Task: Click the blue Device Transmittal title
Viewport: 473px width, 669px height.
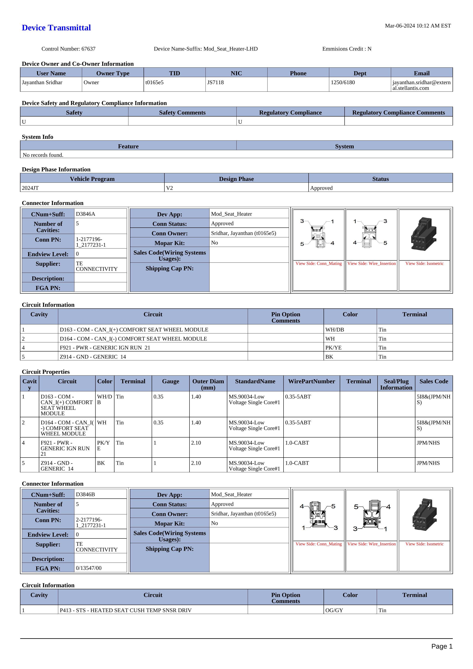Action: tap(56, 28)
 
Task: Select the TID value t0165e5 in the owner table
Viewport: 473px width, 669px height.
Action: tap(154, 82)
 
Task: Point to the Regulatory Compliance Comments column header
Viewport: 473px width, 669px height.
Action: tap(398, 113)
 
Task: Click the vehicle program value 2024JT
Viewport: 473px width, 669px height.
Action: tap(30, 188)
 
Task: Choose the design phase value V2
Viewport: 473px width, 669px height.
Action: tap(169, 188)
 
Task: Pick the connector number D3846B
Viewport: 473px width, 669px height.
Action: tap(86, 495)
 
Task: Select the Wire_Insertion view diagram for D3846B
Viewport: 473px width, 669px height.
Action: tap(371, 516)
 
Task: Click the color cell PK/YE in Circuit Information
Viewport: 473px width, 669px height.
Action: tap(333, 348)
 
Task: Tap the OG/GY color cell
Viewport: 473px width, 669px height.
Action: tap(334, 611)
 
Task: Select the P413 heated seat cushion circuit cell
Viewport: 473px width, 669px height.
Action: tap(126, 611)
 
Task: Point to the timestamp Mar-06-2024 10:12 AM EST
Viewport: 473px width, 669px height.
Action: tap(418, 26)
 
